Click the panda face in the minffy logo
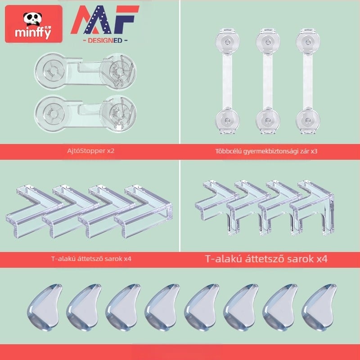coord(33,19)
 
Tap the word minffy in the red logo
coord(33,32)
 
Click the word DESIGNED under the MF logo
coord(105,40)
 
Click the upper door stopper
coord(85,71)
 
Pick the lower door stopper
coord(85,114)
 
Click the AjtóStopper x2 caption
coord(91,151)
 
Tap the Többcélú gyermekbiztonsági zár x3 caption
coord(266,151)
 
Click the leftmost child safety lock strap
coord(227,81)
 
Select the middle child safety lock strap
coord(268,81)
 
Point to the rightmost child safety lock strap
coord(308,81)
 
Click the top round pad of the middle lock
coord(268,42)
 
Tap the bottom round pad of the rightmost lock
coord(308,120)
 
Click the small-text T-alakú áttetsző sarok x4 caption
coord(91,259)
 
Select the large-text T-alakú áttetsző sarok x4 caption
coord(266,259)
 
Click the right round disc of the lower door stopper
coord(119,114)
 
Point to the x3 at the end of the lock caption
coord(314,151)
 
